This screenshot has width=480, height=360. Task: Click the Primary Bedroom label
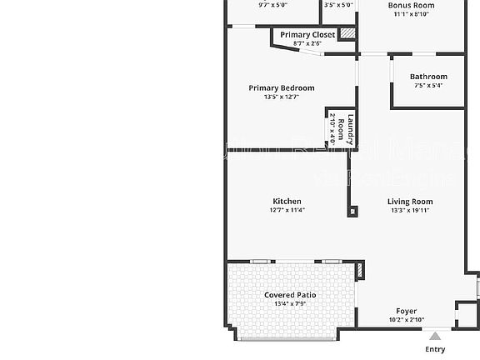coord(282,88)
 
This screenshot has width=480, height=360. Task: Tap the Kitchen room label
coord(287,201)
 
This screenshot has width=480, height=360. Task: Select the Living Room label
coord(410,201)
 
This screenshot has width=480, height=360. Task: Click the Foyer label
coord(406,311)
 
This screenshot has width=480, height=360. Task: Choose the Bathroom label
coord(428,77)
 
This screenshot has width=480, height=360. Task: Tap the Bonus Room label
coord(411,5)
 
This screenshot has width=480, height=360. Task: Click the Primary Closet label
coord(307,35)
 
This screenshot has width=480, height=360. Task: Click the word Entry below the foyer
coord(435,349)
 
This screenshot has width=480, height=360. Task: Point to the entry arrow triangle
coord(434,337)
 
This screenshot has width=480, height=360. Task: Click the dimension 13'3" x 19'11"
coord(410,210)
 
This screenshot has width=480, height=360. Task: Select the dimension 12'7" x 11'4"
coord(287,210)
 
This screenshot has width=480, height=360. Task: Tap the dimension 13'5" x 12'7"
coord(282,97)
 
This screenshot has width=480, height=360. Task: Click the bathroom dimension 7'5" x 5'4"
coord(428,85)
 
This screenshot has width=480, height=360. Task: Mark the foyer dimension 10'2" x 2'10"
coord(406,320)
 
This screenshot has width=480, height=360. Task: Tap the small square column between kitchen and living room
coord(353,211)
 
